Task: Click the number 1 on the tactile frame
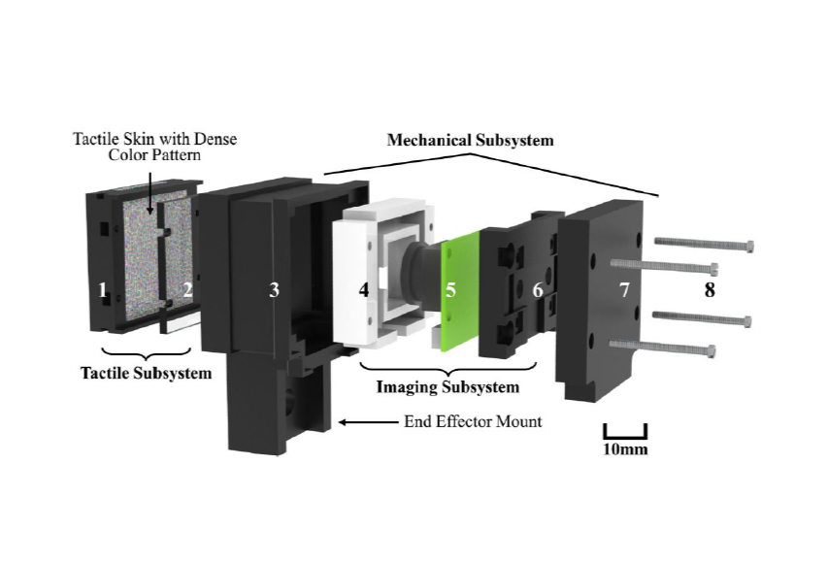tap(102, 289)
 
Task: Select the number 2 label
tap(188, 289)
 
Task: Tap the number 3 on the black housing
tap(275, 289)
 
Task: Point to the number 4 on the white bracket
tap(364, 289)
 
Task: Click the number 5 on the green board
tap(450, 289)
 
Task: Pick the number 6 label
tap(538, 289)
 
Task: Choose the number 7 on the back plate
tap(624, 289)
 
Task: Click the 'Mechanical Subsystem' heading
tap(470, 140)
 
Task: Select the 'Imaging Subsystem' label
tap(447, 387)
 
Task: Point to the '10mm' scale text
tap(625, 449)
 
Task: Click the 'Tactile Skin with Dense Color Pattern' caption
tap(155, 147)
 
